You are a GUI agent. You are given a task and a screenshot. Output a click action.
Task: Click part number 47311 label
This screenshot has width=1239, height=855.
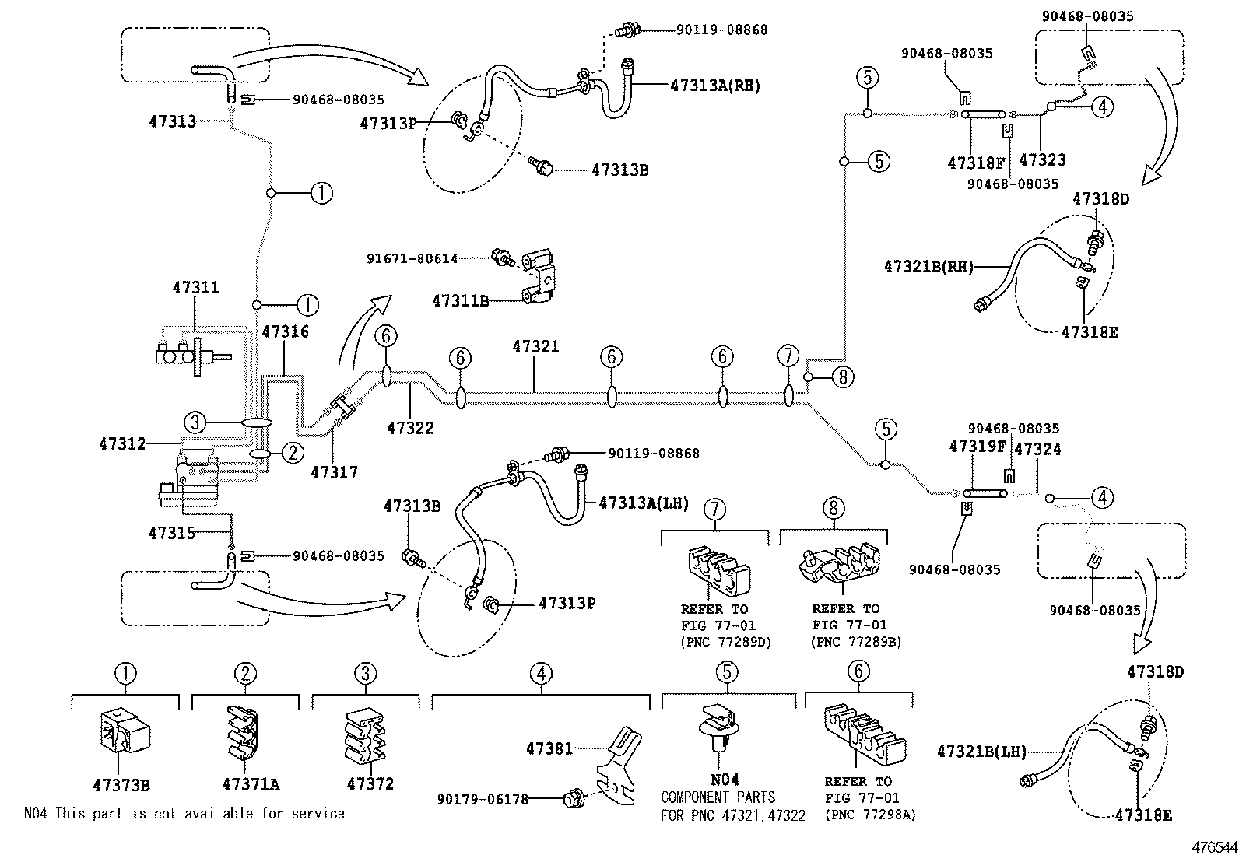195,288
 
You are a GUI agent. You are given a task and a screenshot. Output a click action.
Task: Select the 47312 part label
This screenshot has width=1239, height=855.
122,444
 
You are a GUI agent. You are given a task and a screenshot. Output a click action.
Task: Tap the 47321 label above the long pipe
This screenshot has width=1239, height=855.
535,347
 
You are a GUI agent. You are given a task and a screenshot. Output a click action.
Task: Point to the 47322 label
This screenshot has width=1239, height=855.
410,428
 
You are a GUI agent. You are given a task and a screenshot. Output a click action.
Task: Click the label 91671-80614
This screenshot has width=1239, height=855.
412,258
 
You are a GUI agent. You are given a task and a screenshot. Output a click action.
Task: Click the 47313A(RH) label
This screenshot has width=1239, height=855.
714,86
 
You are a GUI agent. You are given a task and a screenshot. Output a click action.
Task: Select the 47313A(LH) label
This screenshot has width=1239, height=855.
644,503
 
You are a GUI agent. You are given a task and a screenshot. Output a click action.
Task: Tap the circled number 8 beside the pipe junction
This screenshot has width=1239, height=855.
842,377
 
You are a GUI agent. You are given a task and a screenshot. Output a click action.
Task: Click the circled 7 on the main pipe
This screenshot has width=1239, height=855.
788,357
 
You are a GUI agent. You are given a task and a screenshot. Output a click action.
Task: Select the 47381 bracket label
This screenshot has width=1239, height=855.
549,748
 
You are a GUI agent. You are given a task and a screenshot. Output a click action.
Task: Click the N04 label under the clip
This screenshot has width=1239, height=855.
725,780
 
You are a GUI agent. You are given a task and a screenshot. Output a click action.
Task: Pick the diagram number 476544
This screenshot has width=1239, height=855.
1210,846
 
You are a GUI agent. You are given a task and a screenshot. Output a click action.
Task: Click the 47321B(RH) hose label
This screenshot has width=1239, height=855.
928,266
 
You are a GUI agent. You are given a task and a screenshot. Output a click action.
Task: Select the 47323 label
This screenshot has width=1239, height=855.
1042,160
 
